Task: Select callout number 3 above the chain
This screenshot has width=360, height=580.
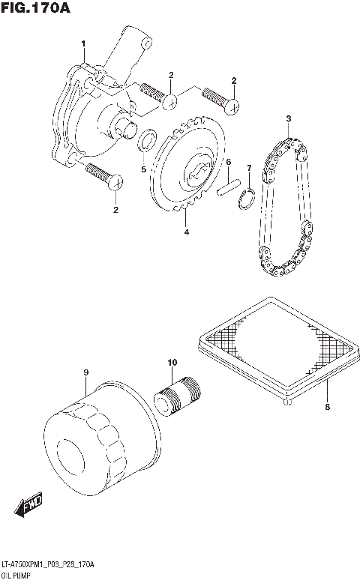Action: click(x=286, y=118)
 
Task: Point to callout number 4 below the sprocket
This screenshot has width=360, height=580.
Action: click(x=186, y=232)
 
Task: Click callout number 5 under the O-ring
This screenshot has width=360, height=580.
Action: click(x=143, y=169)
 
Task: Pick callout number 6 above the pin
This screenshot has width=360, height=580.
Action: click(x=228, y=162)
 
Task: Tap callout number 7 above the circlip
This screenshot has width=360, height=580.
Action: click(x=249, y=168)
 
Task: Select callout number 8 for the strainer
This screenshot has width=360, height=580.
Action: click(x=327, y=408)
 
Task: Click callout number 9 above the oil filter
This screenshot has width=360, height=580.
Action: click(x=86, y=372)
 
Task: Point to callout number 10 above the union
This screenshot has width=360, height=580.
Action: click(x=172, y=363)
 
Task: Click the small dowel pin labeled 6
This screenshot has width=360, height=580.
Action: click(x=228, y=186)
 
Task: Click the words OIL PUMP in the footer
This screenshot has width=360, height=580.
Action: click(x=16, y=573)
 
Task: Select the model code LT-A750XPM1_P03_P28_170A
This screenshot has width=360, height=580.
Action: click(x=48, y=563)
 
